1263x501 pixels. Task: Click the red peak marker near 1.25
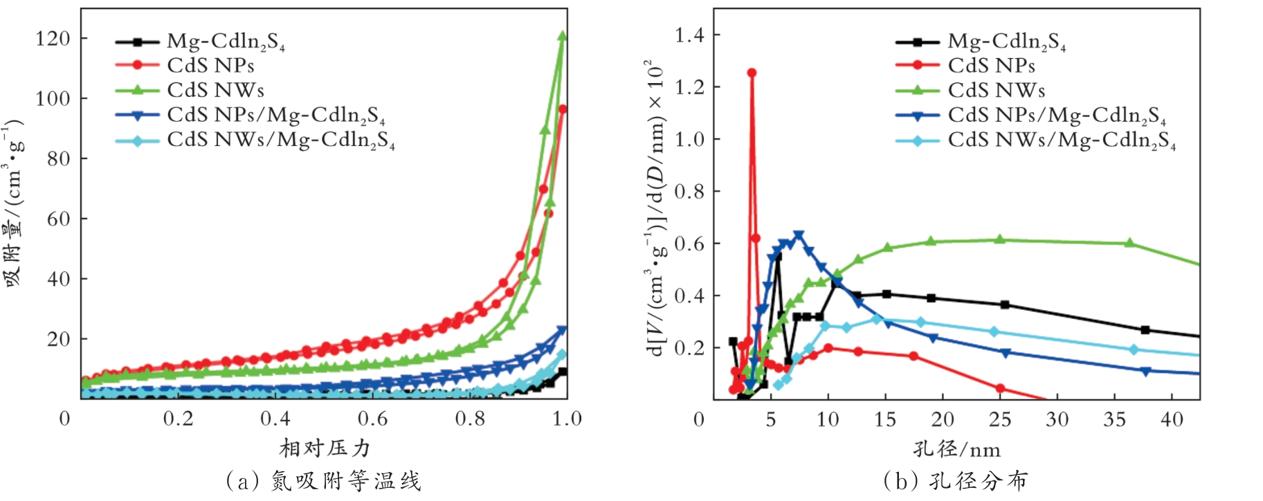pyautogui.click(x=752, y=73)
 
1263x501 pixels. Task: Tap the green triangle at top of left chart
pyautogui.click(x=562, y=36)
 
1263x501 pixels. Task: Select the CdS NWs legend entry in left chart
pyautogui.click(x=215, y=90)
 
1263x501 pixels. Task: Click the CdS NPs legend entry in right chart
pyautogui.click(x=991, y=66)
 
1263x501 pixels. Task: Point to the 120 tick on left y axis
pyautogui.click(x=53, y=39)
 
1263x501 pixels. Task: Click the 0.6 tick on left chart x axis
pyautogui.click(x=373, y=419)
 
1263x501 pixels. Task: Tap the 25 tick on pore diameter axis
pyautogui.click(x=1000, y=419)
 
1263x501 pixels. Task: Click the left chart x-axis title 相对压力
pyautogui.click(x=325, y=448)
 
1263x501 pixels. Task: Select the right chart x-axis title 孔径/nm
pyautogui.click(x=956, y=450)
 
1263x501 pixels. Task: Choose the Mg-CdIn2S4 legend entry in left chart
pyautogui.click(x=226, y=42)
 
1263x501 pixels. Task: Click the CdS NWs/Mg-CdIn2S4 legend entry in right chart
pyautogui.click(x=1062, y=140)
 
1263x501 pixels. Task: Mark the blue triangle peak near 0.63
pyautogui.click(x=799, y=236)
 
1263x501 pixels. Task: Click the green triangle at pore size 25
pyautogui.click(x=999, y=239)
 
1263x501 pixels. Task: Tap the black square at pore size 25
pyautogui.click(x=1005, y=304)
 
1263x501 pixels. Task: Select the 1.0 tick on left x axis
pyautogui.click(x=567, y=419)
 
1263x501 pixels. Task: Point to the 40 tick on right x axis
pyautogui.click(x=1172, y=419)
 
